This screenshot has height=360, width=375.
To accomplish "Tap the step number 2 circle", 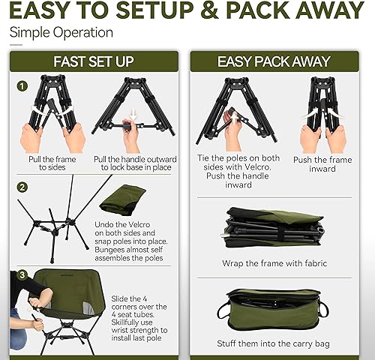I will (22, 186).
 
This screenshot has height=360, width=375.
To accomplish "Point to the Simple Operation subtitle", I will (61, 33).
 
